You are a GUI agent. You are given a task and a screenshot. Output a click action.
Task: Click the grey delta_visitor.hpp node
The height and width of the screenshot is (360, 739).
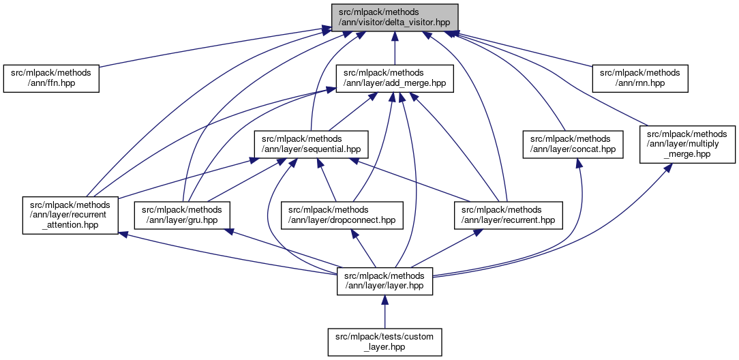[394, 17]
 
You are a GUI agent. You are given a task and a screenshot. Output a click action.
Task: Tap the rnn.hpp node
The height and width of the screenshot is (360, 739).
[639, 78]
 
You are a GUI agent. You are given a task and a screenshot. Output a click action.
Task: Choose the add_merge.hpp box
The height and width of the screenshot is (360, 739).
[394, 78]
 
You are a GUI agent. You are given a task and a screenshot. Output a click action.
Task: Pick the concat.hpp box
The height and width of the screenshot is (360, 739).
[573, 144]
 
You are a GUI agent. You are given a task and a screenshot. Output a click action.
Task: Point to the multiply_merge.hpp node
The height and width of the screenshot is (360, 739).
[687, 144]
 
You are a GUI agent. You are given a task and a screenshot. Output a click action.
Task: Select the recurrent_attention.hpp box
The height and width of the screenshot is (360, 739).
[70, 215]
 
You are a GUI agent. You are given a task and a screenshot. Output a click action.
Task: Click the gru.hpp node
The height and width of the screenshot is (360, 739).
[182, 215]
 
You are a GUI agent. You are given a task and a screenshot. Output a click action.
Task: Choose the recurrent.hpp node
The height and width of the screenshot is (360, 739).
[508, 215]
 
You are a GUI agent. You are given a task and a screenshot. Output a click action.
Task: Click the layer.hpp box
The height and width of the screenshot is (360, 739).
[384, 280]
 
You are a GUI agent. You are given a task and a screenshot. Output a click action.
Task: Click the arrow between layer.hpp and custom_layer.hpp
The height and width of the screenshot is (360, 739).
[384, 314]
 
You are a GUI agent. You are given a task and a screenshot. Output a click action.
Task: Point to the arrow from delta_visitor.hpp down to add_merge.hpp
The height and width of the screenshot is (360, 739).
[394, 48]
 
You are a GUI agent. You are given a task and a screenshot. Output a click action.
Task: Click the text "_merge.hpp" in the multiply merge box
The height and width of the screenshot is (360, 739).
[687, 153]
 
